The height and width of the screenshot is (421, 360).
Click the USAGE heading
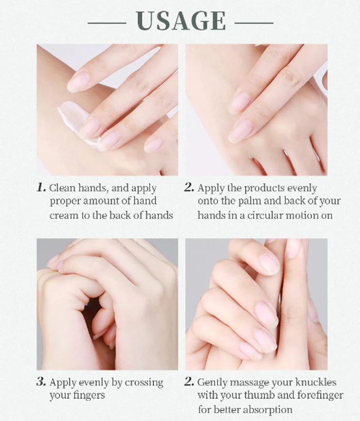(x=181, y=21)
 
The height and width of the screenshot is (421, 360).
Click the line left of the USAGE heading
(x=107, y=23)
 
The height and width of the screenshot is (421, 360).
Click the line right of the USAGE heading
(x=254, y=23)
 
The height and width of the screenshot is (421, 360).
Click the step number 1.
(x=41, y=187)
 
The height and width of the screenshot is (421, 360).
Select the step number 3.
(x=41, y=381)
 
